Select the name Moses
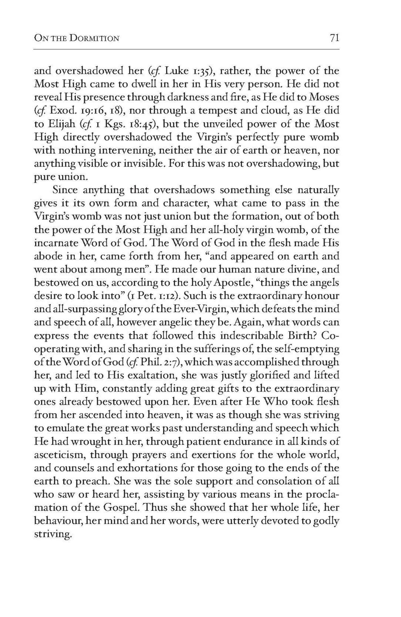point(324,97)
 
